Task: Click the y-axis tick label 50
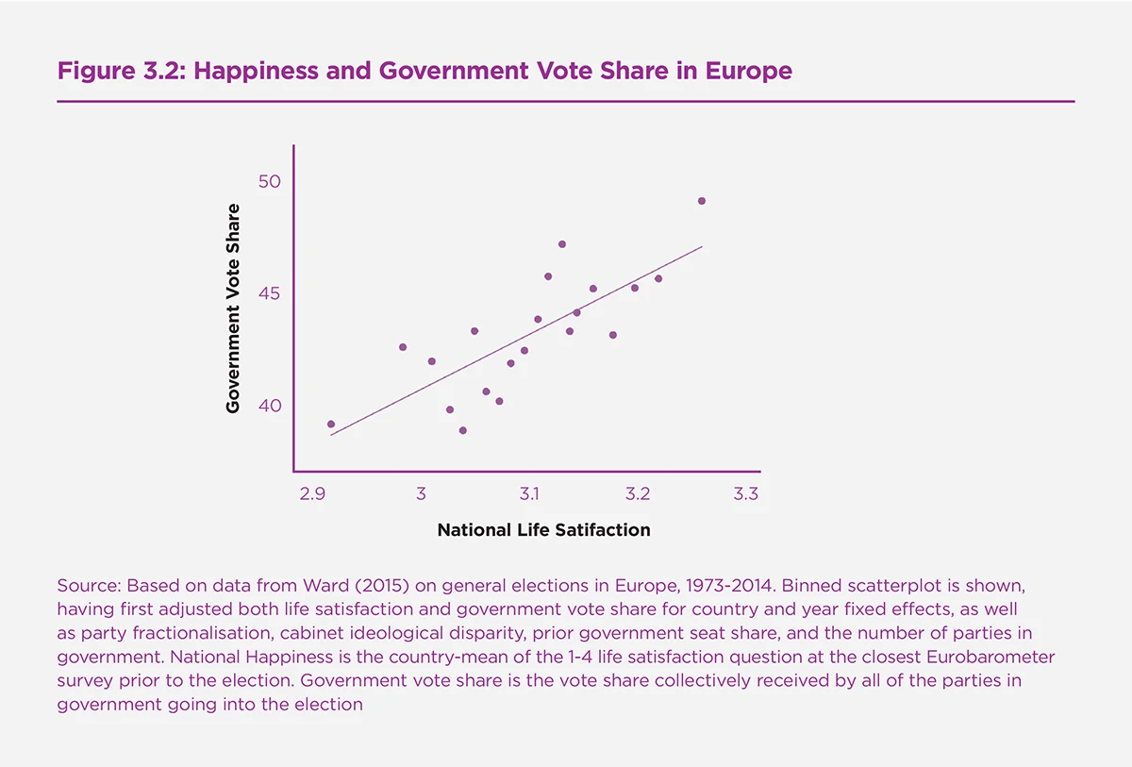(270, 180)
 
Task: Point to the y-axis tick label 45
(270, 292)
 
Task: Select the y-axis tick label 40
(270, 405)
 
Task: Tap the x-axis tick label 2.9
(312, 494)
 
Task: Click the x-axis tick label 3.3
(745, 494)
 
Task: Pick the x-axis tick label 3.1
(528, 494)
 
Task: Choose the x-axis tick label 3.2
(637, 494)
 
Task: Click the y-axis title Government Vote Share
(233, 308)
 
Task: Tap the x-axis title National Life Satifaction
(543, 530)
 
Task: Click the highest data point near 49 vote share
(702, 201)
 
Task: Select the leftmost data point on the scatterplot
(331, 425)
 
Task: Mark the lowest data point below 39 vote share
(463, 430)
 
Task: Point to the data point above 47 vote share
(562, 244)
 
